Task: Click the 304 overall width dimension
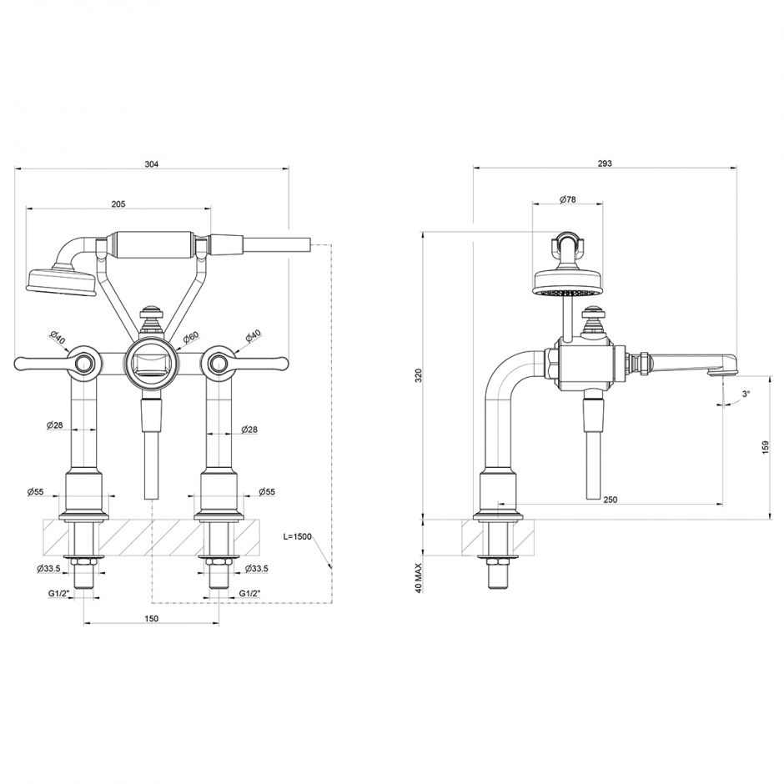click(151, 164)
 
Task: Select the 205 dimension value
click(118, 204)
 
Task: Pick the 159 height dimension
click(766, 448)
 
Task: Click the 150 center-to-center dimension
click(151, 619)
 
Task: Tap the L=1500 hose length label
click(297, 537)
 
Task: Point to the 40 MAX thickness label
click(420, 577)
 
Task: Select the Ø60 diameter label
click(191, 337)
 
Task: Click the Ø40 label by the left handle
click(57, 338)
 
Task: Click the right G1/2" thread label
click(251, 593)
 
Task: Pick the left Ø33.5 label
click(48, 570)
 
